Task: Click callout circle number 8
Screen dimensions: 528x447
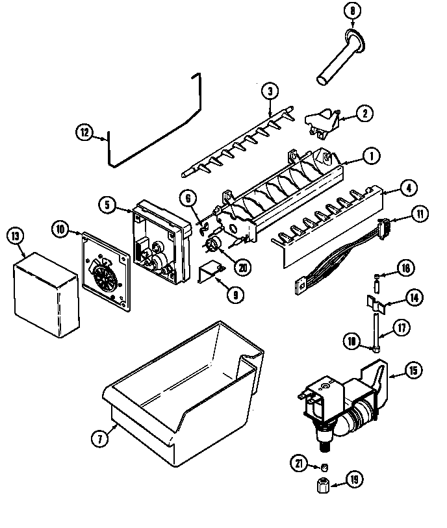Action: tap(352, 11)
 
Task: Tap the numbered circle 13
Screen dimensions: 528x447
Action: tap(13, 236)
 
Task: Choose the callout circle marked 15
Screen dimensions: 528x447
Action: tap(413, 372)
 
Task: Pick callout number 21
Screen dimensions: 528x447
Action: tap(299, 462)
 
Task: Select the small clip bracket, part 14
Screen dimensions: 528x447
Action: tap(373, 301)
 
